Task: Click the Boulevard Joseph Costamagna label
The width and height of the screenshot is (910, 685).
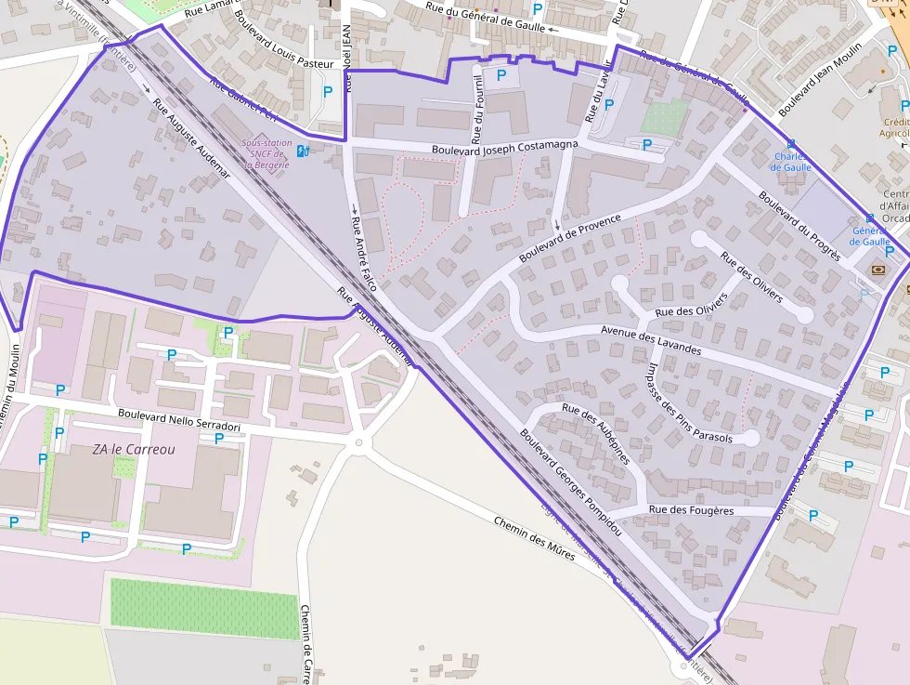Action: tap(505, 147)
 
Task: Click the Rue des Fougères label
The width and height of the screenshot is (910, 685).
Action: tap(691, 510)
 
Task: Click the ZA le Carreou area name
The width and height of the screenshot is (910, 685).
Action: tap(133, 449)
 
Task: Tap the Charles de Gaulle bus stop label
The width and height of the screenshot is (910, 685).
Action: tap(791, 162)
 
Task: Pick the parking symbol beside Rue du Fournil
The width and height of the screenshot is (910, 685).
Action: tap(501, 75)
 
